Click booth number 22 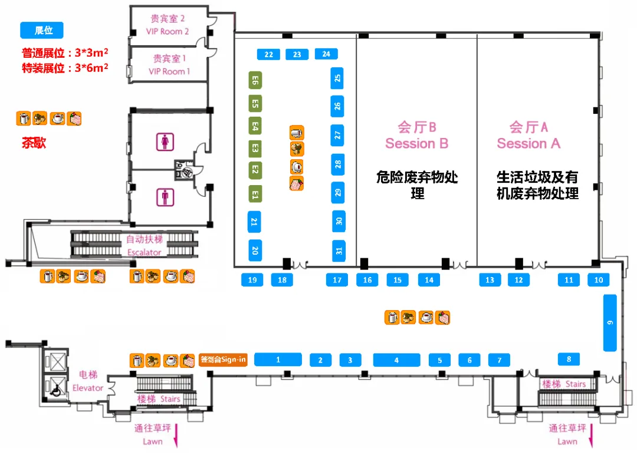pyautogui.click(x=269, y=55)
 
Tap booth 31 pyautogui.click(x=338, y=251)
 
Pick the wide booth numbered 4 pyautogui.click(x=396, y=360)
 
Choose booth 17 pyautogui.click(x=337, y=280)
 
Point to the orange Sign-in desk pyautogui.click(x=223, y=359)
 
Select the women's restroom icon pyautogui.click(x=165, y=141)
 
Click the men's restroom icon pyautogui.click(x=165, y=197)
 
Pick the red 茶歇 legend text pyautogui.click(x=34, y=143)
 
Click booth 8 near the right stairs pyautogui.click(x=569, y=358)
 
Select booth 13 pyautogui.click(x=490, y=280)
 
